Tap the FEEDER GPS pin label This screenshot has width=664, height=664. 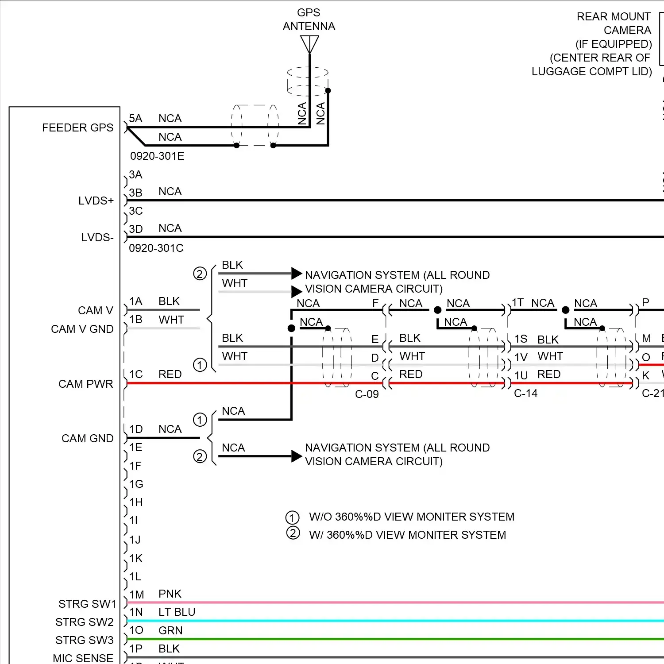[77, 128]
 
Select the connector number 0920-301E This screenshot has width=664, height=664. [157, 156]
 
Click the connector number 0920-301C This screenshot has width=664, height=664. [156, 248]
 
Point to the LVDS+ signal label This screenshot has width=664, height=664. [96, 201]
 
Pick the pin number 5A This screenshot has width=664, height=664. [135, 119]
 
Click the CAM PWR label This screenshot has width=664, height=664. [85, 384]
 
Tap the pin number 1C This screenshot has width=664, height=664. [136, 374]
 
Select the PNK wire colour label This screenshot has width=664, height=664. [170, 594]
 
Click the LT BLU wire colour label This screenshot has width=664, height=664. [177, 612]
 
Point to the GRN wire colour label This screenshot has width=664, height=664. [170, 630]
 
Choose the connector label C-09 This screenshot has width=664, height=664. [367, 394]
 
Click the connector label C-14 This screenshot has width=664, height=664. [525, 394]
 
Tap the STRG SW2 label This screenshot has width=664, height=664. [84, 622]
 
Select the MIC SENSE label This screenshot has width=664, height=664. [83, 659]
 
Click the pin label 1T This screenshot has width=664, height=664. [518, 303]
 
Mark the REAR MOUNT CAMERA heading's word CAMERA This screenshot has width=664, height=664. [627, 31]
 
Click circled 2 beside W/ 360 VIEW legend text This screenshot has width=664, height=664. [293, 533]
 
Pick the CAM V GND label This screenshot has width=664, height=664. [82, 329]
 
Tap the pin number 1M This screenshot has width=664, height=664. [136, 595]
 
